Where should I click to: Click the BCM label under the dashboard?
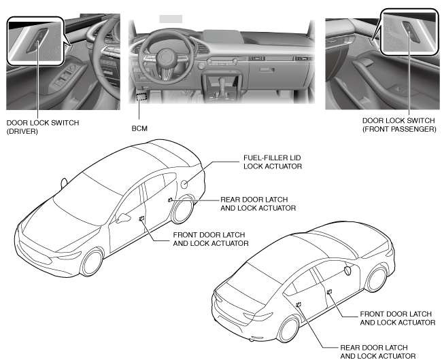coord(140,127)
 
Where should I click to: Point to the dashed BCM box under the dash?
coord(141,97)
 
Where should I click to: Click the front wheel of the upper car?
coord(91,261)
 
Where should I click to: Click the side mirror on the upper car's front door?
coord(124,219)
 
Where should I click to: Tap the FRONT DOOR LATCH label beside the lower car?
coord(396,317)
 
